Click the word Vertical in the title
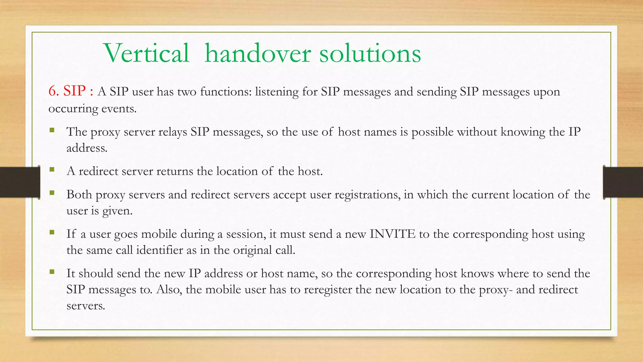[x=146, y=53]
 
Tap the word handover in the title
[x=257, y=53]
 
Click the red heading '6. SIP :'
[x=71, y=91]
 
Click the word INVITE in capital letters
[x=392, y=234]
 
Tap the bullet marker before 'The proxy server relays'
[x=52, y=130]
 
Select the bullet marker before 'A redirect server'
[x=52, y=169]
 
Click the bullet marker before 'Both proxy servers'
[x=52, y=193]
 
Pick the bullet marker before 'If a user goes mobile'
[x=52, y=232]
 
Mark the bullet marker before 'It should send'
[x=52, y=271]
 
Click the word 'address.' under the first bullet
[x=87, y=148]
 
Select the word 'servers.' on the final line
[x=85, y=305]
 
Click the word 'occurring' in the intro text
[x=73, y=109]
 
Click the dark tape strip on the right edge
[x=623, y=182]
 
